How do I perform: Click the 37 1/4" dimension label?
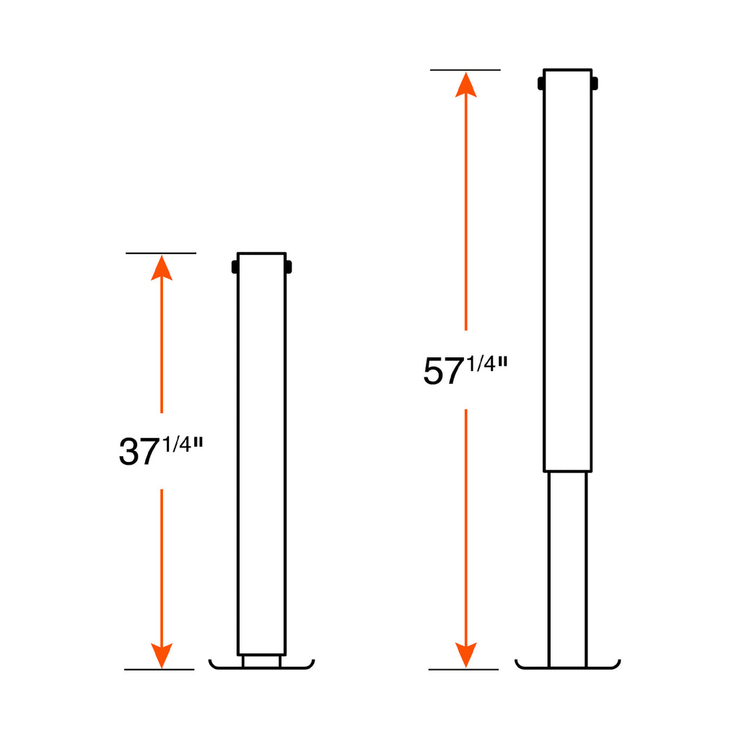pyautogui.click(x=161, y=451)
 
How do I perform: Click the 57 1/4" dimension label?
pyautogui.click(x=465, y=370)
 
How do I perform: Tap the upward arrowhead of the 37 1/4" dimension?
pyautogui.click(x=162, y=268)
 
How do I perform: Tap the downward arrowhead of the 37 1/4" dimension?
pyautogui.click(x=162, y=655)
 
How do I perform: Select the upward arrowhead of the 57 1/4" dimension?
pyautogui.click(x=465, y=85)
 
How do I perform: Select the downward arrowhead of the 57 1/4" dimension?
pyautogui.click(x=465, y=655)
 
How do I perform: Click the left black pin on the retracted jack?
pyautogui.click(x=235, y=267)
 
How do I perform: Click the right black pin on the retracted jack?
pyautogui.click(x=289, y=267)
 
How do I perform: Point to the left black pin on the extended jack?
pyautogui.click(x=541, y=84)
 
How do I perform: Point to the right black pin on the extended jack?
pyautogui.click(x=595, y=84)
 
